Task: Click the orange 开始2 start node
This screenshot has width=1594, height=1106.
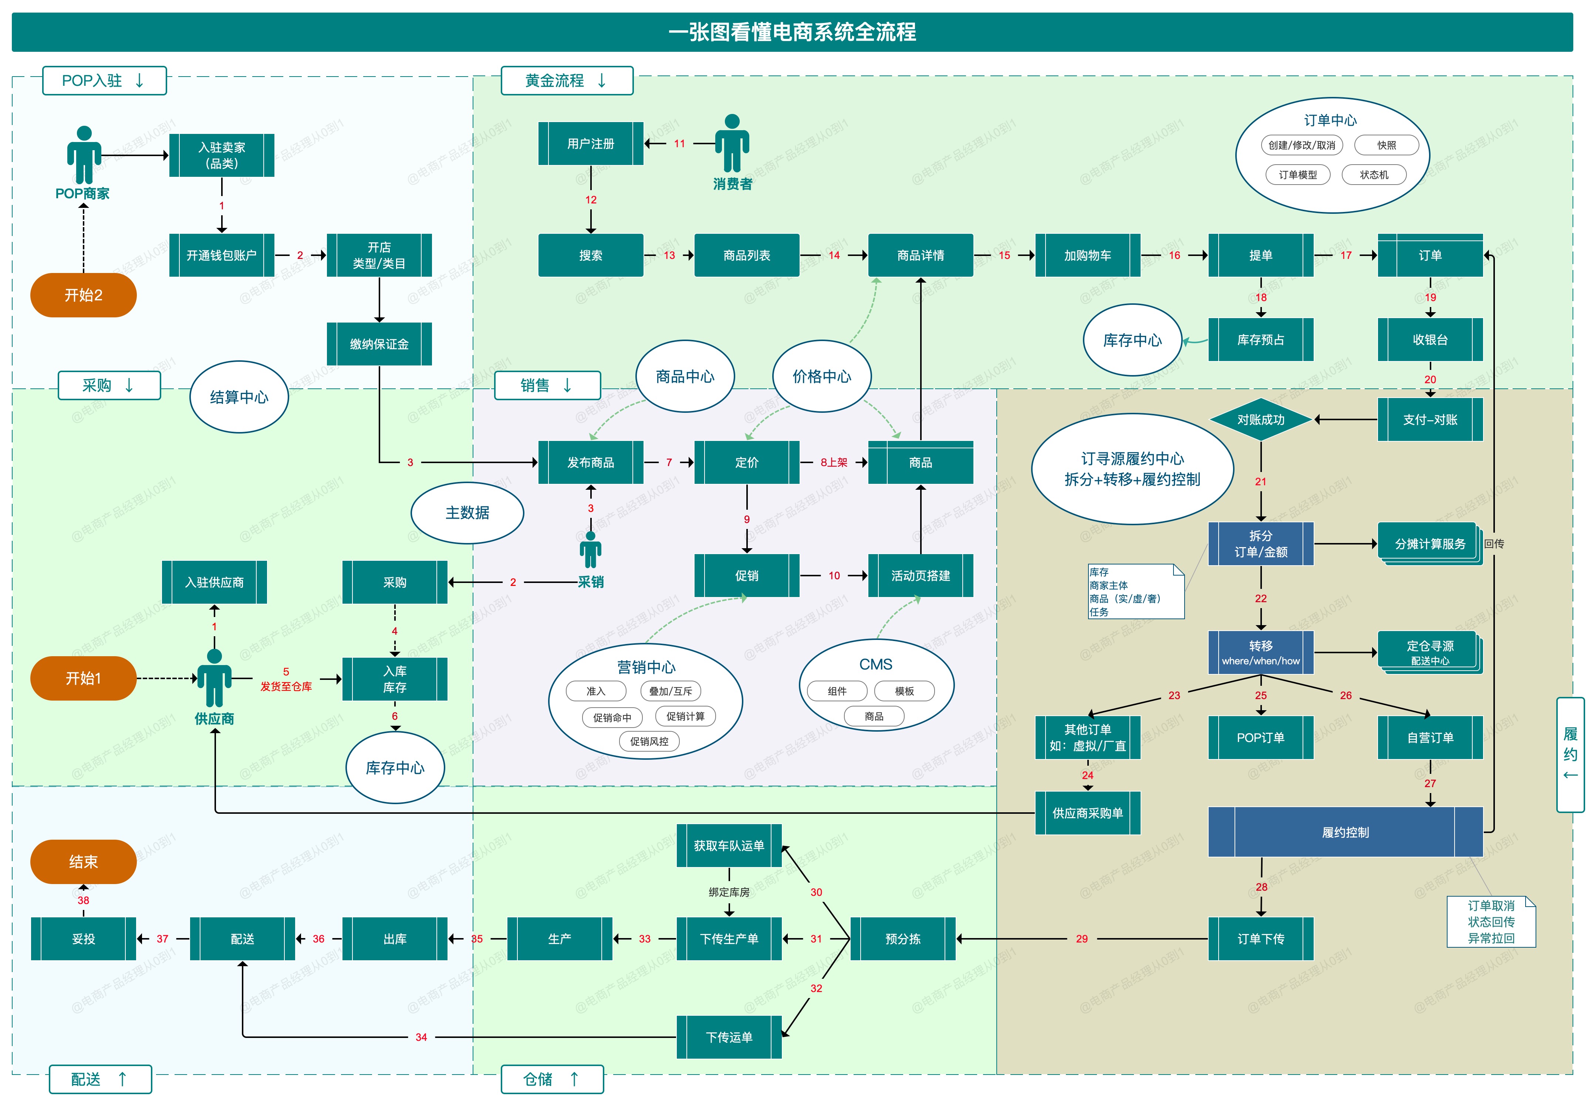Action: pos(83,295)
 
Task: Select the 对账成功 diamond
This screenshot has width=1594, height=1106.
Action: pos(1260,419)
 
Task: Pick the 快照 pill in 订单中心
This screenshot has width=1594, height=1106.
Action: pos(1386,145)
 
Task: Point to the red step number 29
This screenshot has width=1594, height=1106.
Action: pos(1081,939)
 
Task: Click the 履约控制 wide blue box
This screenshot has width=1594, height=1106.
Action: pos(1345,832)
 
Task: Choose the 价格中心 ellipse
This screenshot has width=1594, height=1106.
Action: pos(821,376)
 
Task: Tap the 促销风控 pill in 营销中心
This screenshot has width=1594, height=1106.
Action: pos(649,741)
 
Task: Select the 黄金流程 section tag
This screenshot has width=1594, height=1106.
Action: pos(566,80)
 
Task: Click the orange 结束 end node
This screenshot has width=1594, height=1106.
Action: pos(83,862)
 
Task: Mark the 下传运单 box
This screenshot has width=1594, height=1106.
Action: pos(729,1038)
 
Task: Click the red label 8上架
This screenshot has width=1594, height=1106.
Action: pos(833,462)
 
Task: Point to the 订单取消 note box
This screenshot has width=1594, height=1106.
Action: pos(1491,922)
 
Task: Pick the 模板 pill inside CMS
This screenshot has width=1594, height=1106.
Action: pos(904,691)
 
